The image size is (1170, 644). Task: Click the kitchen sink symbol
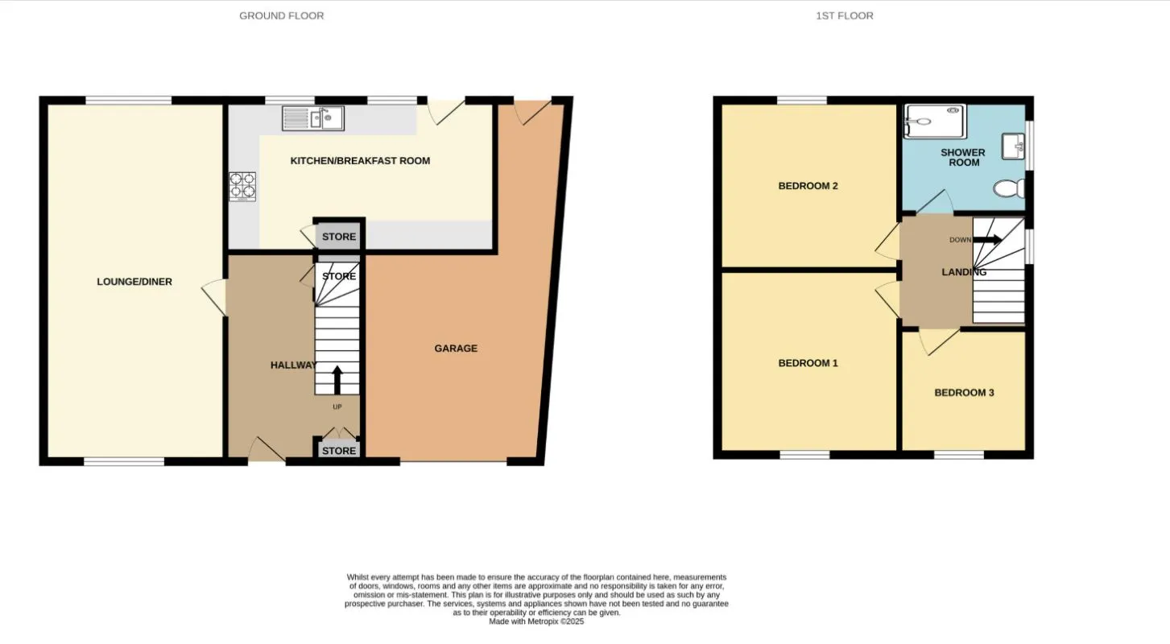coord(313,118)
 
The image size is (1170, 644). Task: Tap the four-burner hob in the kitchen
coord(242,186)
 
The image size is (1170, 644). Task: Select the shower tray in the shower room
coord(935,121)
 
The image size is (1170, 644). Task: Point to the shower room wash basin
coord(1013,147)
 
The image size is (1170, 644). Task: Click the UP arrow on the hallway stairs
coord(337,380)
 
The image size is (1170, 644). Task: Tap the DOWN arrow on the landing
coord(987,239)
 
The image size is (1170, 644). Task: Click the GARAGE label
coord(456,349)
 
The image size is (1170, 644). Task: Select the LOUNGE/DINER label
coord(134,282)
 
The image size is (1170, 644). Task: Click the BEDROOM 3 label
coord(964,393)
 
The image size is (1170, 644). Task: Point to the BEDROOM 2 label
coord(808,186)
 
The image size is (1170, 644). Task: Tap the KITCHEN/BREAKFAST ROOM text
coord(360,161)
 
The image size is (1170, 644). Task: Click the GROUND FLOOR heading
coord(281,15)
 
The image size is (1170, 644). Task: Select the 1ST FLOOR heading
coord(844,15)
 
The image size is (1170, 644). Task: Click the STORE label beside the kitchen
coord(339,237)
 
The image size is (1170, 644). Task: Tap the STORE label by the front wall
coord(339,451)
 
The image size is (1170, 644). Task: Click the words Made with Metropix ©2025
coord(536,621)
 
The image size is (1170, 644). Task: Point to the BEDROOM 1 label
coord(808,363)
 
